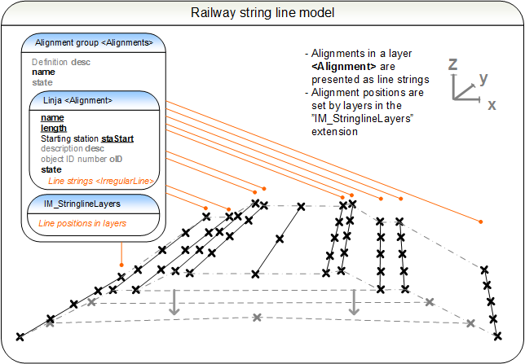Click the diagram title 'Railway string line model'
[x=262, y=13]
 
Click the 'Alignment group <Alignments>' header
[x=94, y=43]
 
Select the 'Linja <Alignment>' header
[x=77, y=100]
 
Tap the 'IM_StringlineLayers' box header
[x=82, y=204]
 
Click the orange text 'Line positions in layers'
[x=82, y=223]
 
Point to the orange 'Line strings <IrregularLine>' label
[x=101, y=181]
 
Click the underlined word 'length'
[x=54, y=128]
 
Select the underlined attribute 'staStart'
[x=117, y=138]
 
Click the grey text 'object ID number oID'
[x=82, y=159]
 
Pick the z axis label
[x=452, y=64]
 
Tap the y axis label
[x=483, y=79]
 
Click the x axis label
[x=492, y=105]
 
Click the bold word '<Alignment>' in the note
[x=344, y=66]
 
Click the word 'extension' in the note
[x=334, y=131]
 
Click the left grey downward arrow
[x=174, y=302]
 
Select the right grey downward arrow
[x=354, y=302]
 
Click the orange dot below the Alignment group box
[x=121, y=265]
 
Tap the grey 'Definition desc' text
[x=61, y=62]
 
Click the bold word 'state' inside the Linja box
[x=51, y=169]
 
